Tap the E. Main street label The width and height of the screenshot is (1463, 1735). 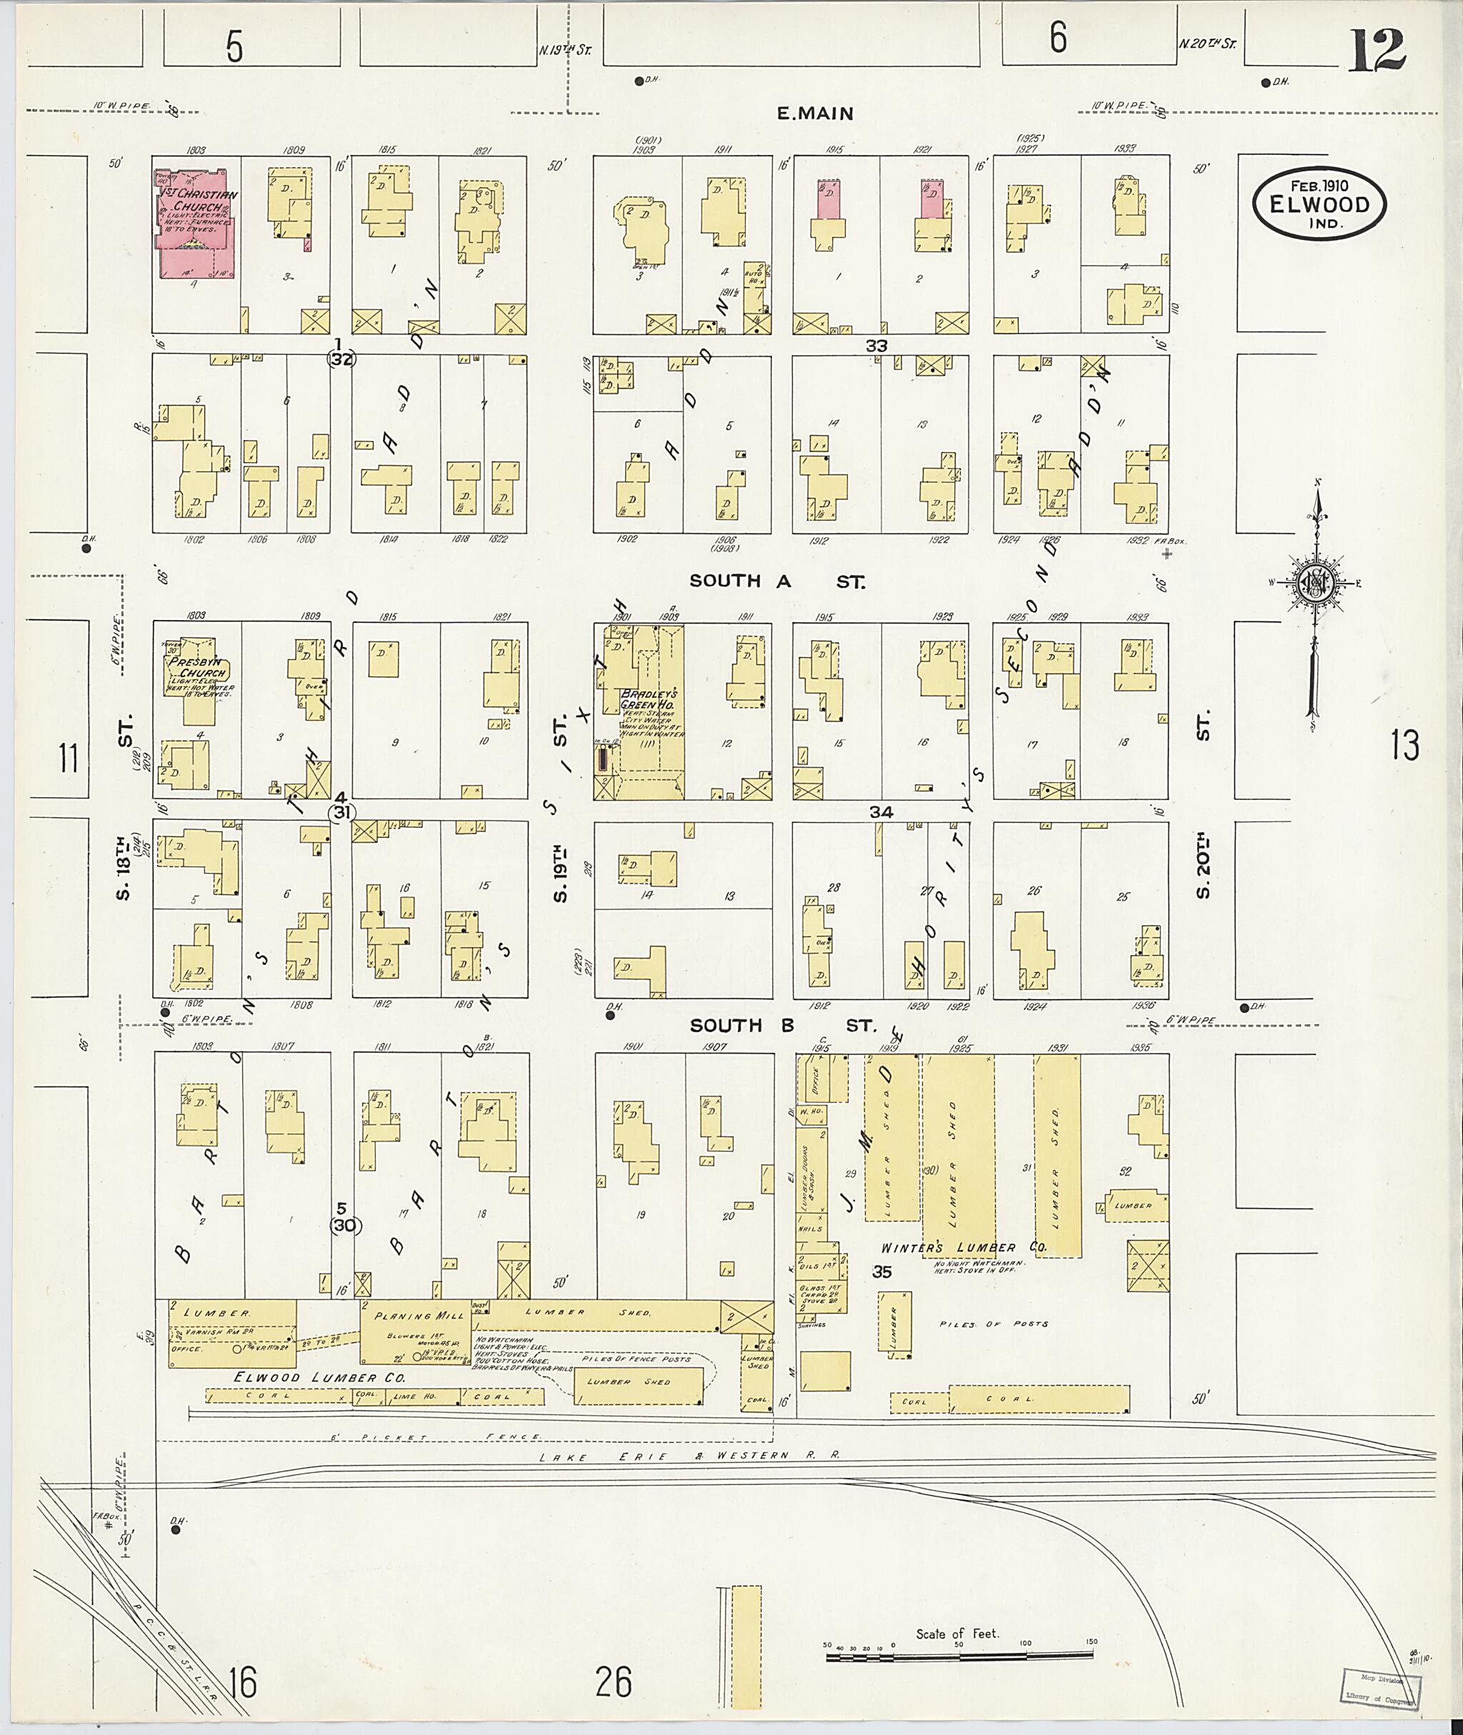814,114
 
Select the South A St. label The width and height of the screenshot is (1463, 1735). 776,581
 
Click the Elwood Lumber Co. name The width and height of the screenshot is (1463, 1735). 319,1378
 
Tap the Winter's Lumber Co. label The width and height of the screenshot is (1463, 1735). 963,1247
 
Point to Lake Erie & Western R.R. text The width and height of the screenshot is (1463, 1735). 689,1456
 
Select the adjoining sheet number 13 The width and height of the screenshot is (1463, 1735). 1405,746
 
